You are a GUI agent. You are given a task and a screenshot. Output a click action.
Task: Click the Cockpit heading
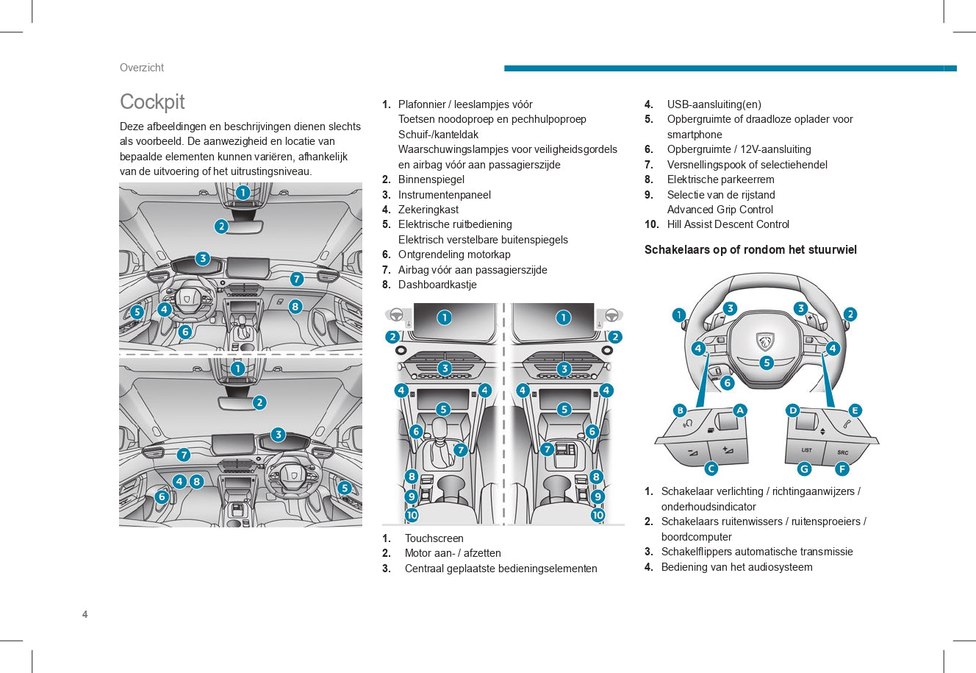click(152, 102)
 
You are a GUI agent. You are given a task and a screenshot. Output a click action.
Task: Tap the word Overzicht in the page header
click(142, 68)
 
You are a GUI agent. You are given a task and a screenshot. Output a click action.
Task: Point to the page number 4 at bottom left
click(85, 615)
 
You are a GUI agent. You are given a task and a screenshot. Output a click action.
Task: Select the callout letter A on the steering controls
click(740, 410)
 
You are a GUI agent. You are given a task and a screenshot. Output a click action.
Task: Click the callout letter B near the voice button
click(681, 410)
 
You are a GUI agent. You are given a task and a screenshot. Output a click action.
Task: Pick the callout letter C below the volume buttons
click(711, 469)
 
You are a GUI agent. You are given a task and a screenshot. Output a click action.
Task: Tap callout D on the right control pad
click(792, 410)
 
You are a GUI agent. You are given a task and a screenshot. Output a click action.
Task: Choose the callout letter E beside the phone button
click(855, 410)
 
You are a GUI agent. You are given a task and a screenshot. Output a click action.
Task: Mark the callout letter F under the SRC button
click(842, 469)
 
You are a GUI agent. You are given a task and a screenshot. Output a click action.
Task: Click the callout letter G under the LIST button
click(804, 469)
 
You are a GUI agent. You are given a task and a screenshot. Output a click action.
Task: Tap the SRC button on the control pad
click(842, 452)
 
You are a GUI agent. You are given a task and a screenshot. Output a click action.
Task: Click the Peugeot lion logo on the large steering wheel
click(765, 341)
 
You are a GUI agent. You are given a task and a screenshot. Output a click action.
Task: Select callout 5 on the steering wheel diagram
click(767, 363)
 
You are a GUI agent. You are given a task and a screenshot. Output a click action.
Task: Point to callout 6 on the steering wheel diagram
click(728, 382)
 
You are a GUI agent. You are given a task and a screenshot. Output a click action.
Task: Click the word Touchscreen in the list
click(434, 538)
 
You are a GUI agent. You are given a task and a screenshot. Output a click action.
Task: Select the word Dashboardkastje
click(437, 285)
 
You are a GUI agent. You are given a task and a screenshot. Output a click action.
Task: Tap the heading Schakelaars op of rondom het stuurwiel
click(750, 250)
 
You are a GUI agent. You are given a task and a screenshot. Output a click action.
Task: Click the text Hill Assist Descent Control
click(728, 224)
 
